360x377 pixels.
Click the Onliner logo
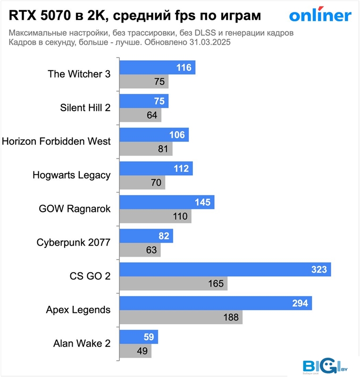[320, 16]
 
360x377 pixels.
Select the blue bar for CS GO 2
[226, 270]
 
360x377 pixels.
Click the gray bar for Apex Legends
[181, 317]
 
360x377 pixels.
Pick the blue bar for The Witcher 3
[158, 68]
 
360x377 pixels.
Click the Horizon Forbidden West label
[56, 141]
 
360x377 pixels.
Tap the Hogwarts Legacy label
[71, 175]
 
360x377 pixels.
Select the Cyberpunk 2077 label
[73, 243]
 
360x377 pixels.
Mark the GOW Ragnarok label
[75, 209]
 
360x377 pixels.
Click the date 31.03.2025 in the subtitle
[210, 42]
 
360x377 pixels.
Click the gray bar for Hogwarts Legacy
[142, 182]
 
